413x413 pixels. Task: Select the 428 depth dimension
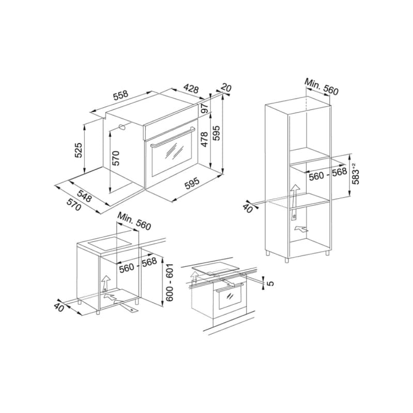[x=191, y=89]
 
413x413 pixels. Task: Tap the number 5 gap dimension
[x=271, y=282]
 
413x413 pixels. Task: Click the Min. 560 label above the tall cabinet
[x=321, y=87]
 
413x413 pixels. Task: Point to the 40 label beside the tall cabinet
[x=248, y=208]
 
